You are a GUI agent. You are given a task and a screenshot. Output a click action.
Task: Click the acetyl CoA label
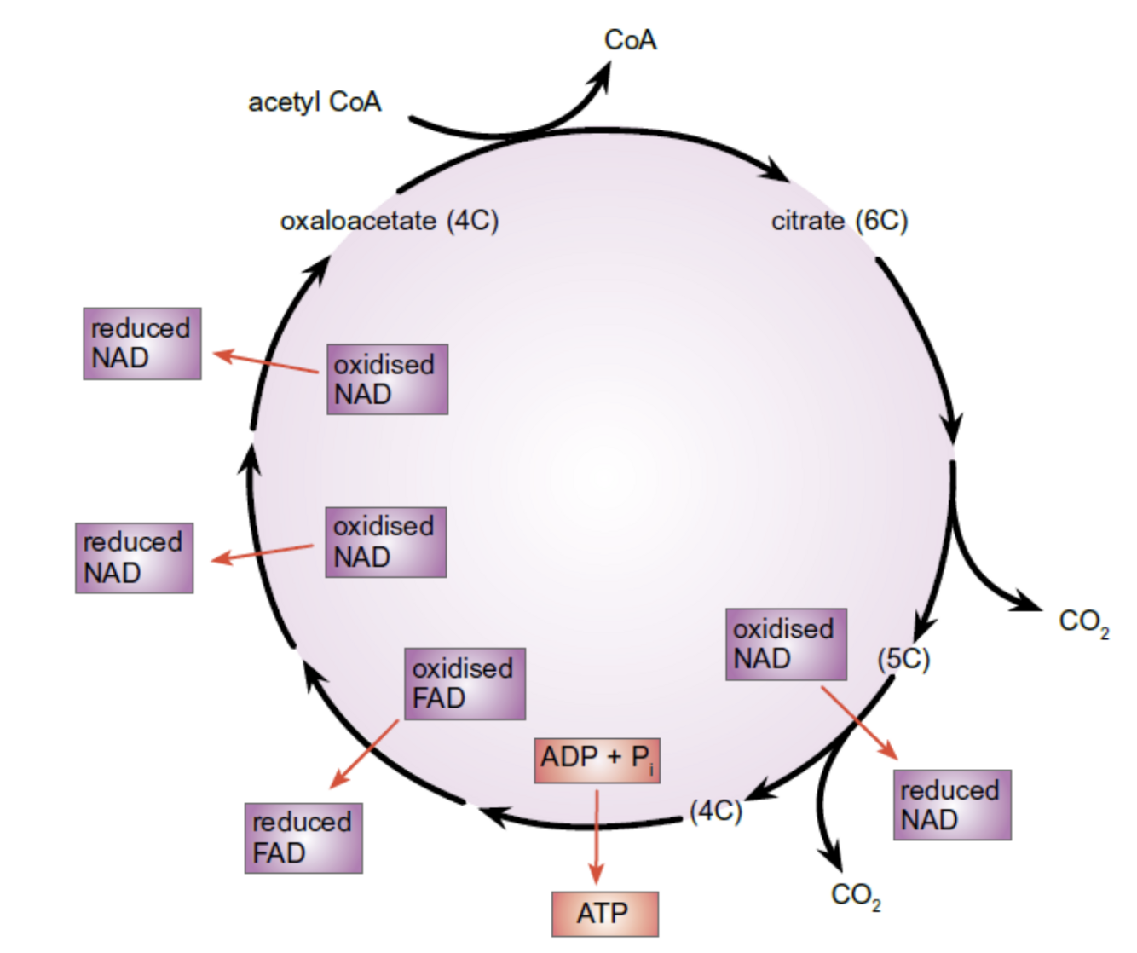315,102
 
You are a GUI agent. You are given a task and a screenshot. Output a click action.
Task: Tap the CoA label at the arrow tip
630,40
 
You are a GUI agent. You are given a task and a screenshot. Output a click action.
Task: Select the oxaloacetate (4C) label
389,221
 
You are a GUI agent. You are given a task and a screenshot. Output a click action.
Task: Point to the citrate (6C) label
840,221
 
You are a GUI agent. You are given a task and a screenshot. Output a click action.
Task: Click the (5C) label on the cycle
903,659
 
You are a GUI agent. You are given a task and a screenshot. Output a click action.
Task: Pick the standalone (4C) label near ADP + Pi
716,810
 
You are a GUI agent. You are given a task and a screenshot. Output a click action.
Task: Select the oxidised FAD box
465,684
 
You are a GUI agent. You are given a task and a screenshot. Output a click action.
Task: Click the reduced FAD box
303,838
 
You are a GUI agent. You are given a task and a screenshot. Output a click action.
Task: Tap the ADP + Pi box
597,760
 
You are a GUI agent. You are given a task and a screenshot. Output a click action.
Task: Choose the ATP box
604,914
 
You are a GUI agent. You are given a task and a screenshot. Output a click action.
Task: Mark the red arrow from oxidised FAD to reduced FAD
365,754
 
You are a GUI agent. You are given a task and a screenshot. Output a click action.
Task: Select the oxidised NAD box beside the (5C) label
786,644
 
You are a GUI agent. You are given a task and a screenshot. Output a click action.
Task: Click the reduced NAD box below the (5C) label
952,806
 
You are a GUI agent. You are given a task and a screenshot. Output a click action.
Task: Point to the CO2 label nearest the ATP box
856,896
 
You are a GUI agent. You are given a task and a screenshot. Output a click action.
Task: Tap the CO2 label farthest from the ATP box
1083,622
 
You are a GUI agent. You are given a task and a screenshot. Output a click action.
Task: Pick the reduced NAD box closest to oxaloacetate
142,344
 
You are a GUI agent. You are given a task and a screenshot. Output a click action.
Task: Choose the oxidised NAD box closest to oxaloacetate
387,379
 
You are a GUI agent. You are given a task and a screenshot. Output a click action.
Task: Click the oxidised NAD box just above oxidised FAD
385,542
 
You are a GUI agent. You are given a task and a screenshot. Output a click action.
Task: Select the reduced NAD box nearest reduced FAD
134,558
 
